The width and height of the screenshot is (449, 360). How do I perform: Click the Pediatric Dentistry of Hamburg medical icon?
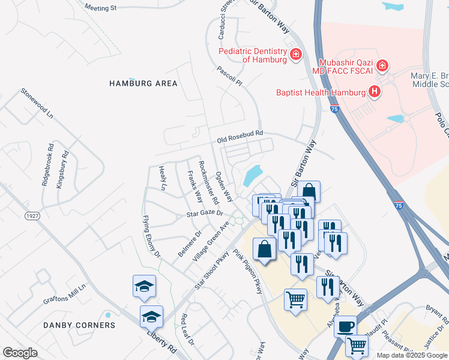click(x=295, y=55)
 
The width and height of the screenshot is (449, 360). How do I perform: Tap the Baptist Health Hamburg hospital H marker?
click(x=375, y=92)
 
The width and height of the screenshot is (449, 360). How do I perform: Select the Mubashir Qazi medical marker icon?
click(x=383, y=65)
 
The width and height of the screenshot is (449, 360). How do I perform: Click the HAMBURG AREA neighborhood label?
click(x=143, y=83)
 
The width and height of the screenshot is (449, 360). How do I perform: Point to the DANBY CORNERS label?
click(x=79, y=325)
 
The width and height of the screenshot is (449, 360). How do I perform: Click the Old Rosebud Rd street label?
click(x=240, y=136)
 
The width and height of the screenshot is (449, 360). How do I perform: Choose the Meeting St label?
click(x=100, y=8)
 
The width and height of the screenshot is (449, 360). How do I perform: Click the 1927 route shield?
click(x=32, y=215)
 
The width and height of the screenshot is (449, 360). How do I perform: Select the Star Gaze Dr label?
click(x=204, y=213)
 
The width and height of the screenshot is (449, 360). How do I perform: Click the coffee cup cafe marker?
click(x=345, y=326)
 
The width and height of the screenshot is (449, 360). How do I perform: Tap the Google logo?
click(x=20, y=353)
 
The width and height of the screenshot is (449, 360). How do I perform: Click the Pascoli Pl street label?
click(x=229, y=76)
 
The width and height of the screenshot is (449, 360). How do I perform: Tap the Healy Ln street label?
click(x=162, y=178)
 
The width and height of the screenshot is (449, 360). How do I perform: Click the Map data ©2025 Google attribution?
click(x=411, y=355)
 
